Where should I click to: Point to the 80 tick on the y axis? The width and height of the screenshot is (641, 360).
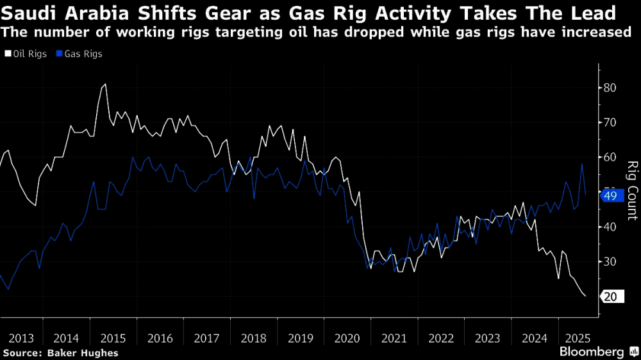[611, 88]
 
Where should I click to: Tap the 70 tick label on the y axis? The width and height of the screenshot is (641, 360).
[611, 122]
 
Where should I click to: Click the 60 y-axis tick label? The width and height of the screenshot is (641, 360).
[611, 158]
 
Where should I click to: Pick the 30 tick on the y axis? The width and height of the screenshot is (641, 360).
[611, 262]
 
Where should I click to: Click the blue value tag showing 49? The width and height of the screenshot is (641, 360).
[610, 196]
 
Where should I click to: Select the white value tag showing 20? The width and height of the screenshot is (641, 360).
[610, 297]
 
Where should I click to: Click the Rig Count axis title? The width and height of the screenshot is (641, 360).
[632, 191]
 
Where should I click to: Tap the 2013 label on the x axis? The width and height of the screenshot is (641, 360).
[22, 338]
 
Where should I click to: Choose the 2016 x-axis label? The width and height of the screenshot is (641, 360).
[160, 338]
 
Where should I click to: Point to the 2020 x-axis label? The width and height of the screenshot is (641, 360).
[346, 338]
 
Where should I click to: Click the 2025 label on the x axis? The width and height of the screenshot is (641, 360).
[574, 338]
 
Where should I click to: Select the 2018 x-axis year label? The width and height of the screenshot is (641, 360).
[253, 338]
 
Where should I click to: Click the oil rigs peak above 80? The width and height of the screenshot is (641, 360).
[104, 84]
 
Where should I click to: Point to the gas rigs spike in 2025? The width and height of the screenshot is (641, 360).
[582, 165]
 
